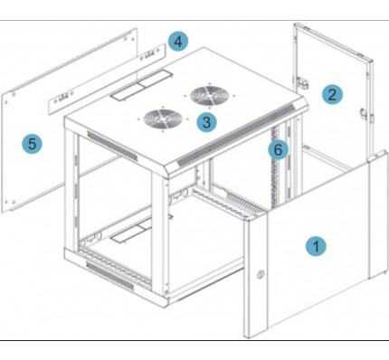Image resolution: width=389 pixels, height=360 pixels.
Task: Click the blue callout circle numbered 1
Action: (x=316, y=246)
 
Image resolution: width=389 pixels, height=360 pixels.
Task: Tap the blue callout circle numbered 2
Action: (x=332, y=94)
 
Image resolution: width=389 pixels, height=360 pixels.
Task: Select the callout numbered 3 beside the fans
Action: (x=206, y=122)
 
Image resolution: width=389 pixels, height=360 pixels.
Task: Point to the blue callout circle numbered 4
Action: (x=178, y=41)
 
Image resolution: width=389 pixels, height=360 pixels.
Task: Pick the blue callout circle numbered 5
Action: (x=33, y=143)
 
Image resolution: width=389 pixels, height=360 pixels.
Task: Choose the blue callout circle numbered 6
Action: (x=278, y=149)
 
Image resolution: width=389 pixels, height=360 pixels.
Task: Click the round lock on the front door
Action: (x=261, y=275)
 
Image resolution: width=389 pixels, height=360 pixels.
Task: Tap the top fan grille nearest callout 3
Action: (x=163, y=118)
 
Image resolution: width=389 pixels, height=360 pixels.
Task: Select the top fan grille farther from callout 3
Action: (x=209, y=96)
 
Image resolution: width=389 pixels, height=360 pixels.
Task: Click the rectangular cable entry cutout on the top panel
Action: (x=141, y=85)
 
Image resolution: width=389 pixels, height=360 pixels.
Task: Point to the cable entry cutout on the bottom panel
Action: (x=131, y=232)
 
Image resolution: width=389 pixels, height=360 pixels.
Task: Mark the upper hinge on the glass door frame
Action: (x=303, y=82)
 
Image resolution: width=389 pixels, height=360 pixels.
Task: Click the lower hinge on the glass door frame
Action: (x=364, y=115)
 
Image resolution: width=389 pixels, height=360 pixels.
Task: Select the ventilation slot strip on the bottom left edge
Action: (x=109, y=276)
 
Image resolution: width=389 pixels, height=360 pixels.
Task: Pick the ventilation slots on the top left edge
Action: (x=112, y=146)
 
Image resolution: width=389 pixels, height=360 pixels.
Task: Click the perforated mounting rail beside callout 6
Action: (x=275, y=167)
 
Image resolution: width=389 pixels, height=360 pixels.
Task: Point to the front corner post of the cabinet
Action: (x=160, y=238)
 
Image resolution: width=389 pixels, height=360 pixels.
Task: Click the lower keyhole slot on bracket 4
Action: (x=62, y=97)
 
